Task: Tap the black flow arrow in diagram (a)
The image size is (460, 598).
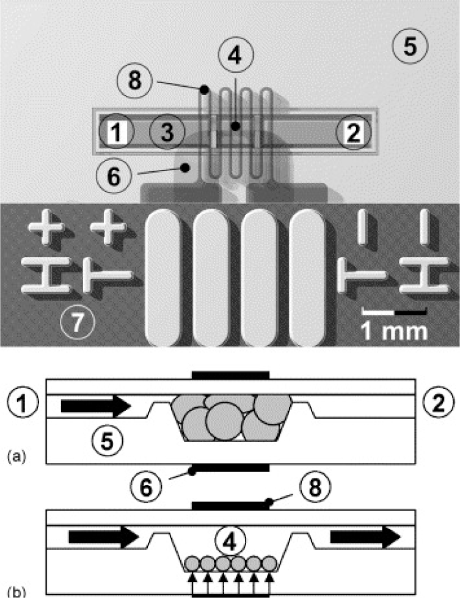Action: point(96,406)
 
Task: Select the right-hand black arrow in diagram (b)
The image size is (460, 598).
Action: point(365,537)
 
